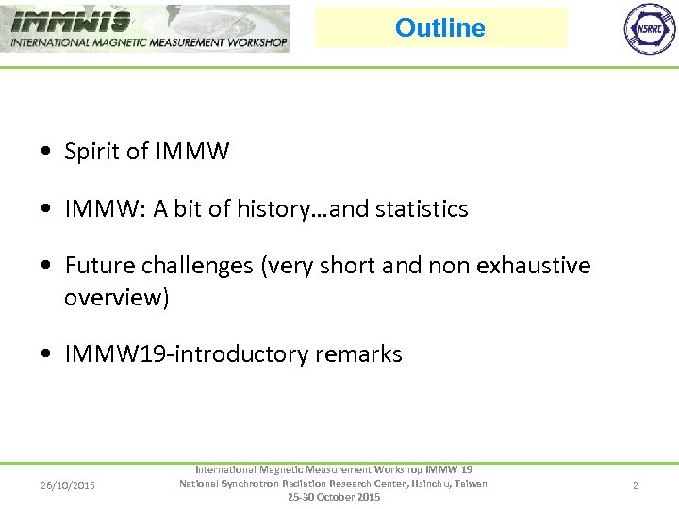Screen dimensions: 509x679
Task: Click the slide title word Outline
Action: coord(439,28)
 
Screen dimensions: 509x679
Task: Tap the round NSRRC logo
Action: coord(650,28)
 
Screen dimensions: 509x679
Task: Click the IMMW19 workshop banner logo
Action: coord(145,28)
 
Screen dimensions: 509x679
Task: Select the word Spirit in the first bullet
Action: coord(92,152)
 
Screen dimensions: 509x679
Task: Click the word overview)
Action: coord(116,298)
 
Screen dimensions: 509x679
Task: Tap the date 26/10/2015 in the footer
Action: coord(68,485)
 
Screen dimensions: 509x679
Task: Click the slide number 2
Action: coord(635,485)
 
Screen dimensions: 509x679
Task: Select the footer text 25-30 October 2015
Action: coord(334,497)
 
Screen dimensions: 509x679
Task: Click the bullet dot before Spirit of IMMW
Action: coord(45,152)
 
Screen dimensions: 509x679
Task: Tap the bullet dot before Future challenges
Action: coord(45,266)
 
